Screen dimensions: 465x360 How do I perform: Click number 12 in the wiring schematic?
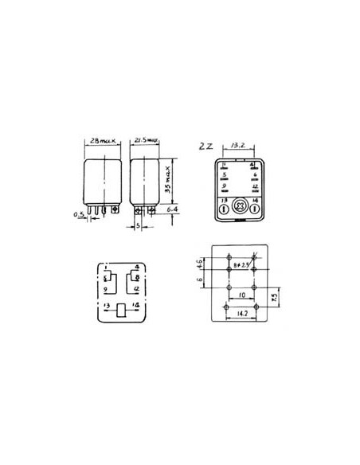[x=137, y=289]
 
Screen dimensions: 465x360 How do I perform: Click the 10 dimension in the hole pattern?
[x=239, y=295]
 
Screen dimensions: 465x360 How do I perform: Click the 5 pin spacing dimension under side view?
[x=137, y=225]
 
